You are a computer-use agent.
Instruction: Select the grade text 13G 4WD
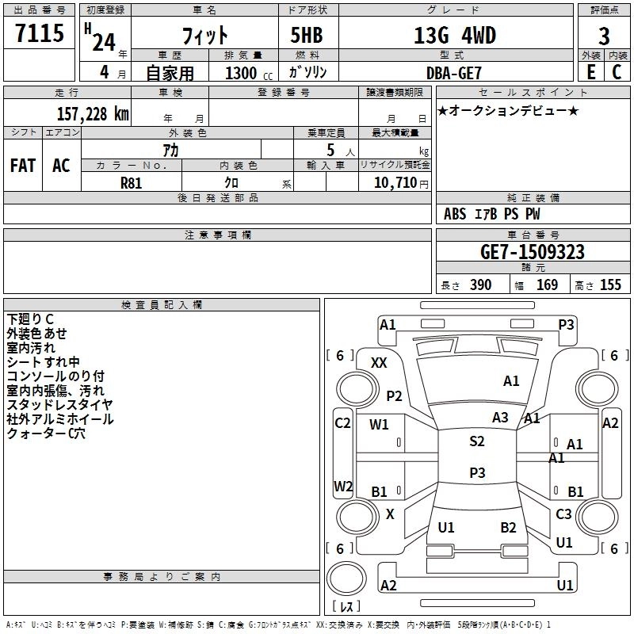(x=455, y=36)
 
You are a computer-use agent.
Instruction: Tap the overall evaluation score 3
(x=604, y=36)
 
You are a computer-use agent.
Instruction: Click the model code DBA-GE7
(x=452, y=73)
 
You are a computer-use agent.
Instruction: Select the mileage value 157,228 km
(x=93, y=114)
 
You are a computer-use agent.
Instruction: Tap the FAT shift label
(x=22, y=166)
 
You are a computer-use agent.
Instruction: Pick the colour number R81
(x=132, y=182)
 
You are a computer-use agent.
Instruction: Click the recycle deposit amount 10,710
(x=394, y=182)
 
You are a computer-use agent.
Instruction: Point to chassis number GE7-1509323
(x=533, y=253)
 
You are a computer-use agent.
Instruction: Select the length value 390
(x=480, y=285)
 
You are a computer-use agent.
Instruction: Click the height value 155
(x=610, y=285)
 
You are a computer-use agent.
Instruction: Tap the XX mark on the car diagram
(x=380, y=363)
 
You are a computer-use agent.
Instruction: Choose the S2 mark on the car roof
(x=476, y=441)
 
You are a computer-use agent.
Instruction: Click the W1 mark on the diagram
(x=380, y=425)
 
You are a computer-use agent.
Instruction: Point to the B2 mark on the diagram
(x=508, y=527)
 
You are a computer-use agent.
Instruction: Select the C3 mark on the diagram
(x=563, y=514)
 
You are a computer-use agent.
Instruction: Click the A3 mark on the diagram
(x=500, y=418)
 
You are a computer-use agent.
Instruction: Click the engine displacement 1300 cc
(x=246, y=74)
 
